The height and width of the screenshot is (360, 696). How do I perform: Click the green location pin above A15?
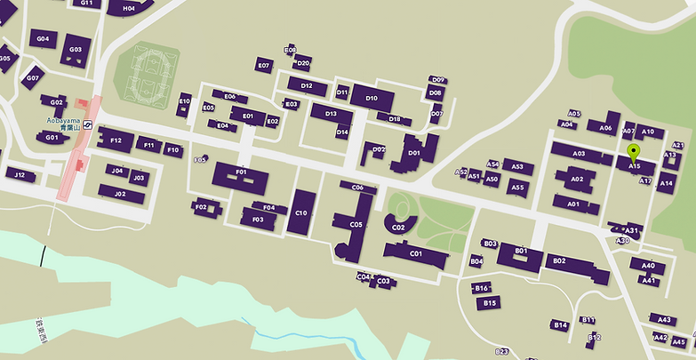coord(633,151)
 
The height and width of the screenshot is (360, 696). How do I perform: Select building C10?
coord(301,212)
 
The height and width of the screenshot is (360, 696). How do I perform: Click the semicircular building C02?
coord(398,226)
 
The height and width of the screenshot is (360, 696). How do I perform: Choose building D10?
coord(372,97)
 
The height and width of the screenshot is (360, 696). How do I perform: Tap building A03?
coord(580,153)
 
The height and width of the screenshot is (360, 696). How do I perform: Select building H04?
coord(128,7)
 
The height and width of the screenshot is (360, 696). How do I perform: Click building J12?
coord(20,175)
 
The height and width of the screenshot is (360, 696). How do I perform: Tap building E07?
coord(263,65)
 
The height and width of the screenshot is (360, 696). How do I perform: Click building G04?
coord(42,39)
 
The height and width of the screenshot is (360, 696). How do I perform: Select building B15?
coord(487,303)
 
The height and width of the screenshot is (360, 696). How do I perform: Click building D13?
coord(331,114)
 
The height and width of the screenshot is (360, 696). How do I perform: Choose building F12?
coord(116,140)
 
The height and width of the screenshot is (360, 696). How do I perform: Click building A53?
coord(516,166)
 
